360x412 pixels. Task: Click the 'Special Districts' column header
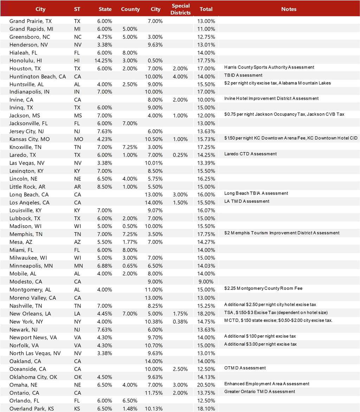[181, 9]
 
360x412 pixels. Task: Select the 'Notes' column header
[289, 9]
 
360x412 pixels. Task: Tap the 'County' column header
[130, 9]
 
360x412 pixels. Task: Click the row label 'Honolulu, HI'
[26, 61]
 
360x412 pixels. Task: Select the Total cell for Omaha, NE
[206, 385]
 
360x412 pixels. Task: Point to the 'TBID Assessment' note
[244, 75]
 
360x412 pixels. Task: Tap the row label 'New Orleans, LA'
[30, 314]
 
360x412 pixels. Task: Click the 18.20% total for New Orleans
[206, 314]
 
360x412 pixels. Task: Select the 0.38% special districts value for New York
[181, 322]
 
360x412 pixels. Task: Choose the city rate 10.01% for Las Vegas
[155, 163]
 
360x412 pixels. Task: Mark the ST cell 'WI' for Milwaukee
[77, 258]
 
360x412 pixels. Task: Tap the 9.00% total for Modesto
[206, 281]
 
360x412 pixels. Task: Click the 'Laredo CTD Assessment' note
[250, 154]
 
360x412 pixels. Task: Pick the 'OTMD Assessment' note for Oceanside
[245, 368]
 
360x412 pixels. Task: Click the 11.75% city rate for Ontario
[155, 393]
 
